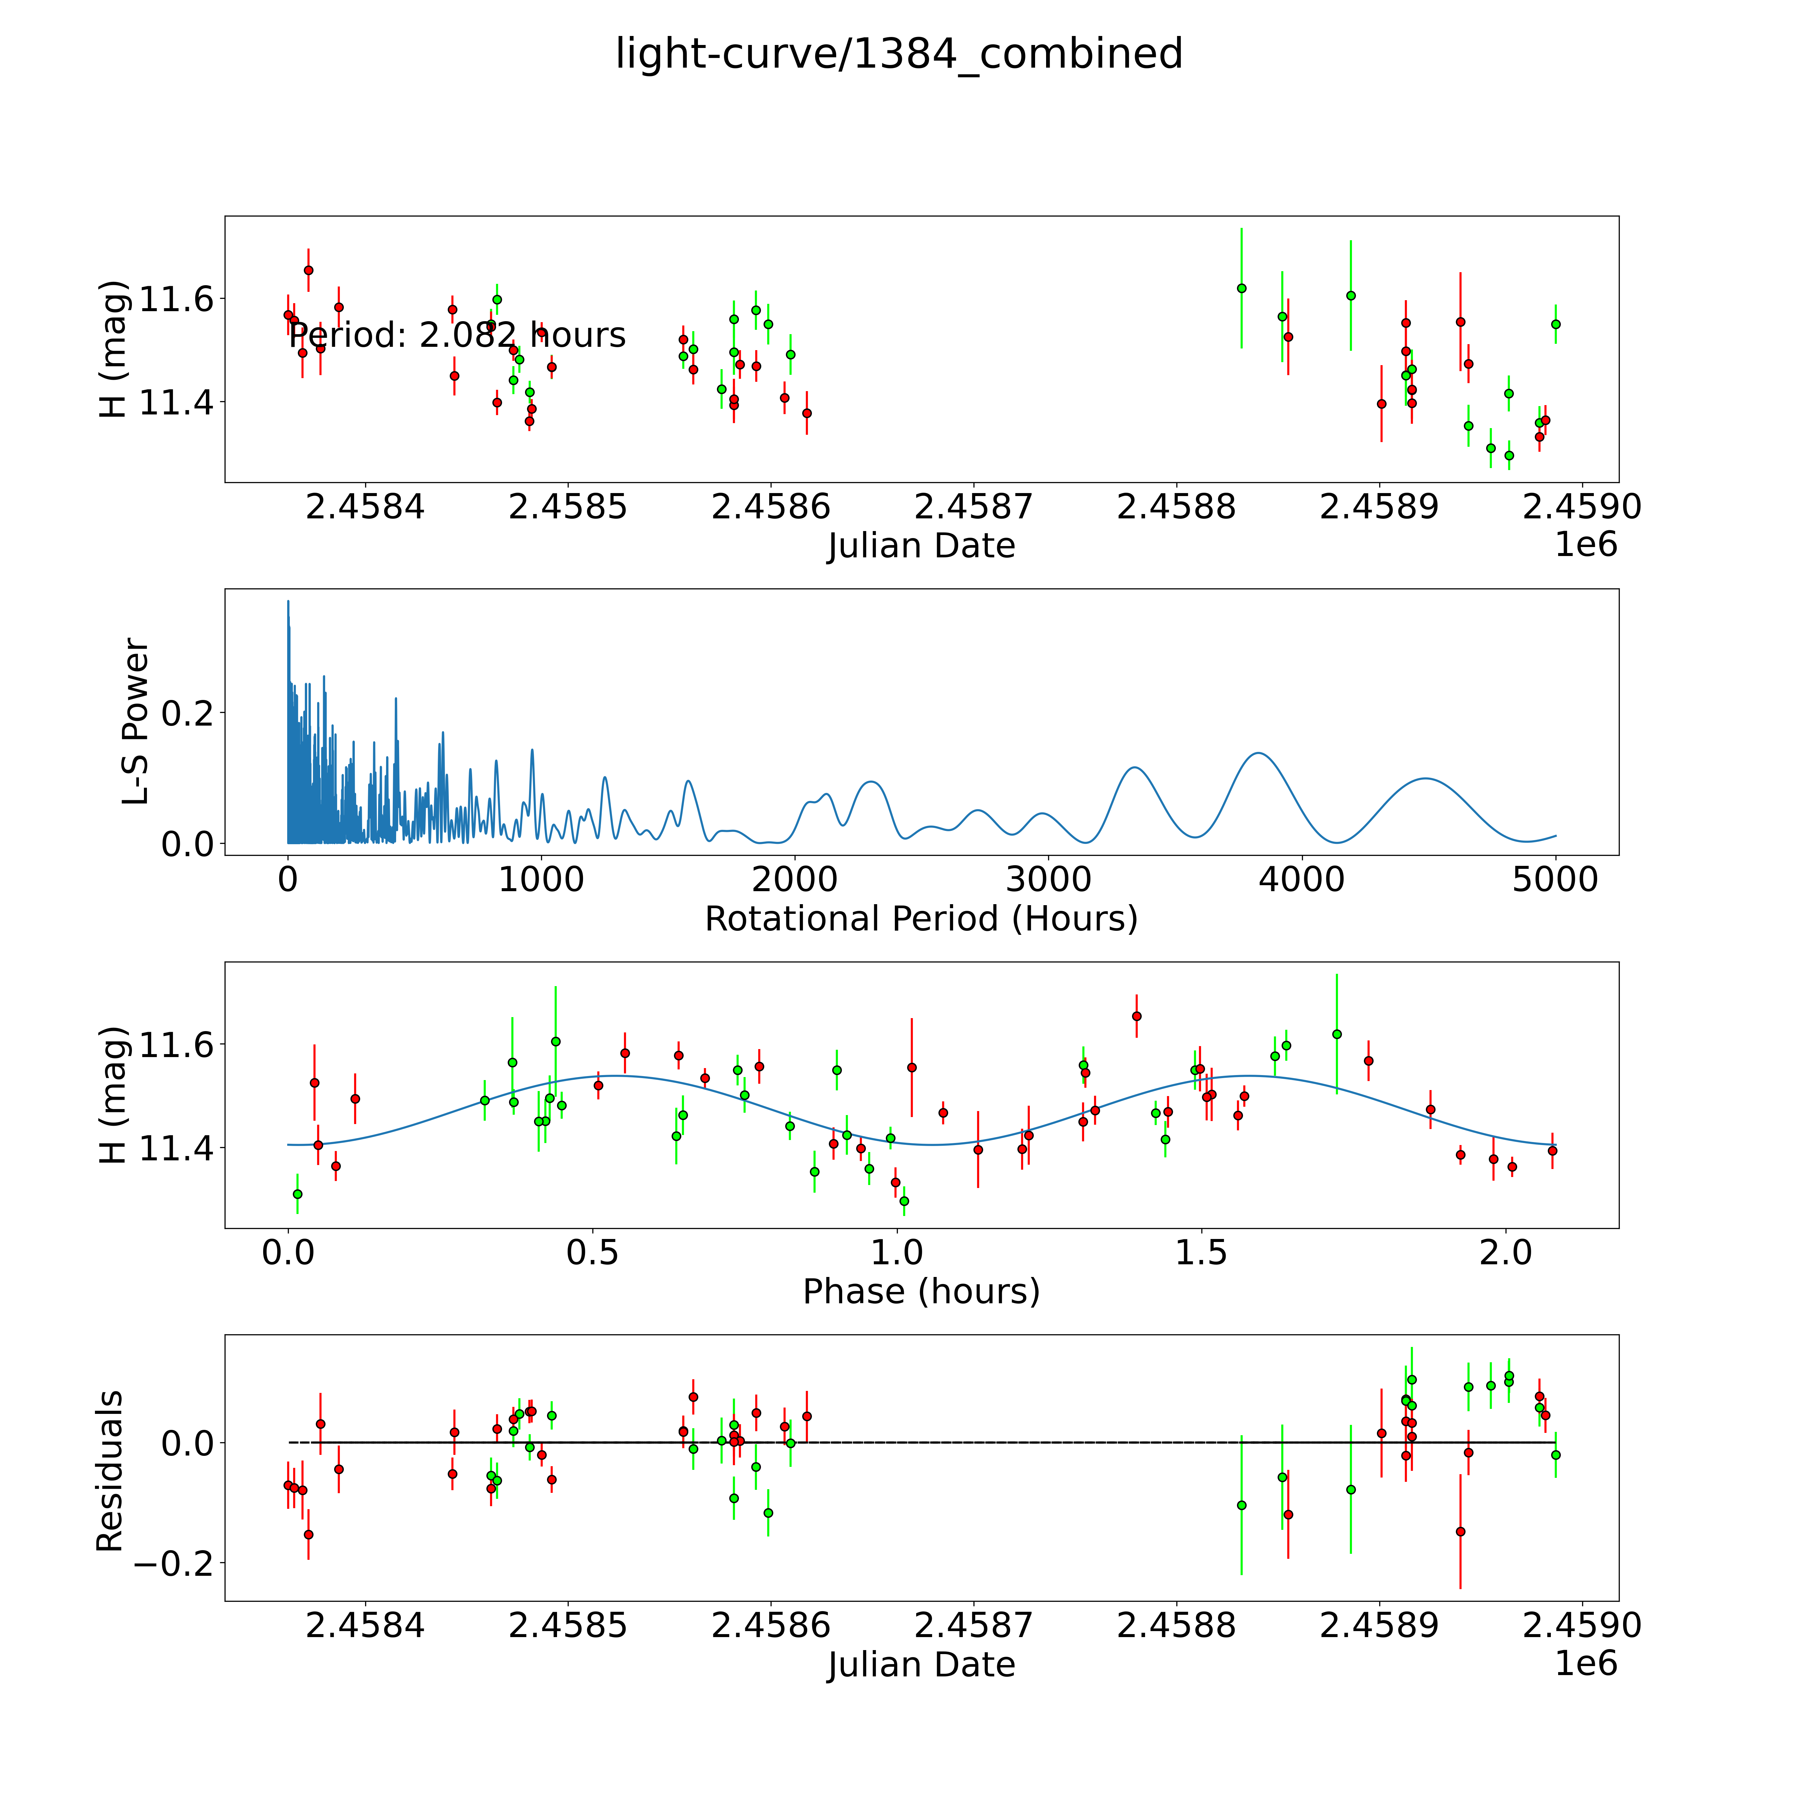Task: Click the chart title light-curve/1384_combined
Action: coord(899,54)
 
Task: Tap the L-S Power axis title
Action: coord(135,722)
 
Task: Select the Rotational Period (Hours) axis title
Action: coord(921,919)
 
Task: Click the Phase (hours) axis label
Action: coord(921,1292)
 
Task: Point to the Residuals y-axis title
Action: coord(110,1471)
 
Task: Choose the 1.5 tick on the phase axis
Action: coord(1201,1252)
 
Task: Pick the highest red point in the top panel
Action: coord(308,270)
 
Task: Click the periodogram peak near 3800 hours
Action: coord(1258,752)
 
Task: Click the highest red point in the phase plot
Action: coord(1136,1016)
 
